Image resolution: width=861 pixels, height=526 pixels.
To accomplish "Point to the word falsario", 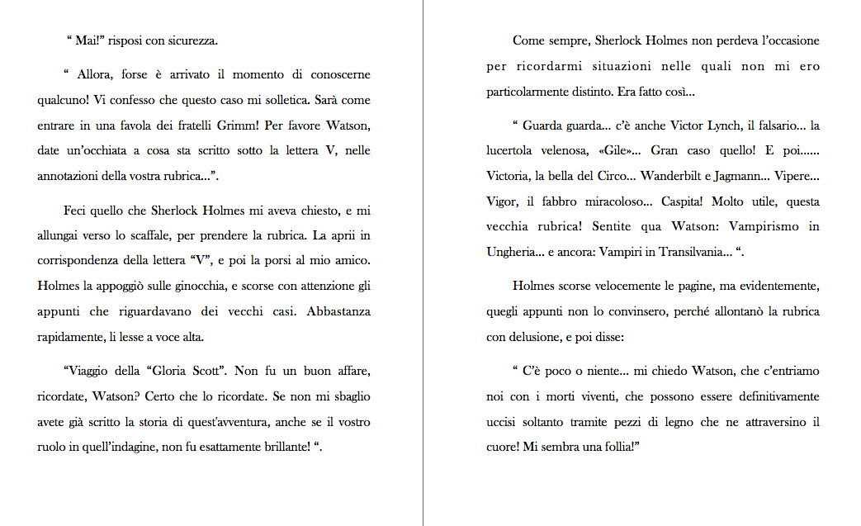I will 772,126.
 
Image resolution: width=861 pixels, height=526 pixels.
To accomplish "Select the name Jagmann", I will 757,177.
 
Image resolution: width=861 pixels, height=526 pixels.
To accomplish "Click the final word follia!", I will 623,447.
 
